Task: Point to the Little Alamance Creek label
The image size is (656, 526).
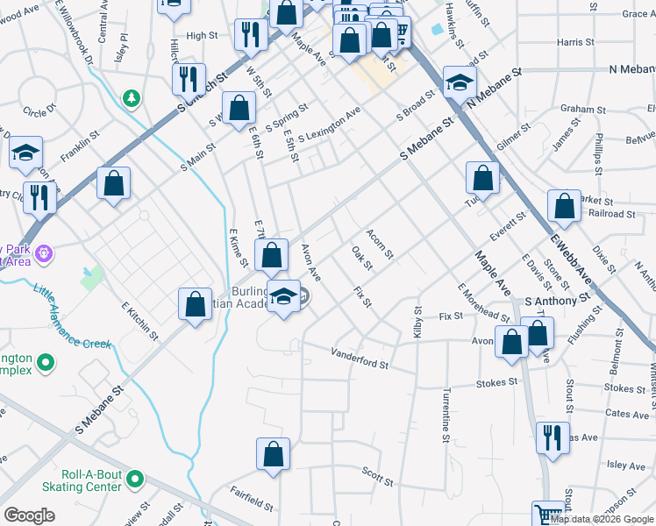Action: click(x=71, y=316)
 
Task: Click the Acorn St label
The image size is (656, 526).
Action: click(x=380, y=244)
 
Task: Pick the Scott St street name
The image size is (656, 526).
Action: click(x=377, y=476)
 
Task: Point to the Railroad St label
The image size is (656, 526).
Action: click(x=612, y=213)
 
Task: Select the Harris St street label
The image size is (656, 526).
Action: click(x=575, y=41)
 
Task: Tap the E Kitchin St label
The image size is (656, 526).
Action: click(x=140, y=323)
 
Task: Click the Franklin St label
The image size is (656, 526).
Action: click(x=76, y=146)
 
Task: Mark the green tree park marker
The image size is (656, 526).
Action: click(x=132, y=98)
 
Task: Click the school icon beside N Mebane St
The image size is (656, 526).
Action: click(x=459, y=82)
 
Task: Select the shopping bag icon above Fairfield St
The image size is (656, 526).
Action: click(x=273, y=453)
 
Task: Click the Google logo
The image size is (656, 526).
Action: click(x=29, y=515)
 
